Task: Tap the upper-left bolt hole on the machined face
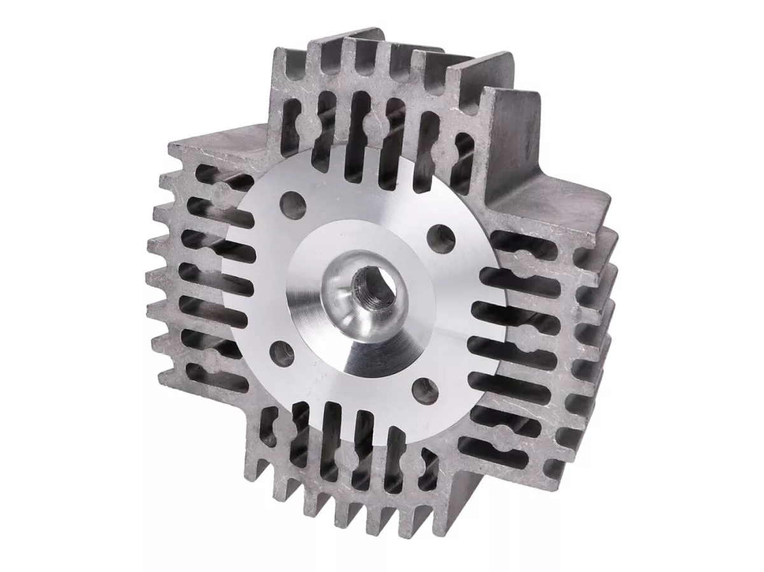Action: tap(294, 205)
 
